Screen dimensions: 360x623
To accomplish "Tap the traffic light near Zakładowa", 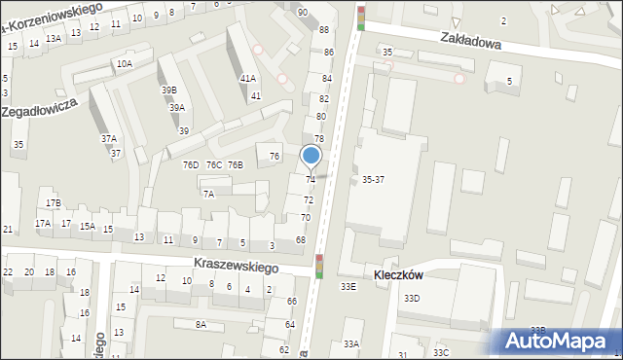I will tap(361, 18).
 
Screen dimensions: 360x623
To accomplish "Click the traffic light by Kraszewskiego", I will tap(319, 266).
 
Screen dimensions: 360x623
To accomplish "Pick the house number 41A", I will tap(248, 78).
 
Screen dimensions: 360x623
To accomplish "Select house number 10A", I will tap(125, 64).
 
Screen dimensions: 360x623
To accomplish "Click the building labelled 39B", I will tap(169, 90).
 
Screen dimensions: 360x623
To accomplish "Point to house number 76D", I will tap(190, 164).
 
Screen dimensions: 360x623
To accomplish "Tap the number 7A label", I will tap(208, 194).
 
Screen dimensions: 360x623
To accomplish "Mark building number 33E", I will tap(348, 287).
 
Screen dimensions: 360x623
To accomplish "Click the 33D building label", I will tap(412, 298).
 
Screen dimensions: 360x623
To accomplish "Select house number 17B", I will tap(53, 202).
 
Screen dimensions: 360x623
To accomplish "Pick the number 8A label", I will tap(201, 324).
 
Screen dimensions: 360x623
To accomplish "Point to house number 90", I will tap(303, 12).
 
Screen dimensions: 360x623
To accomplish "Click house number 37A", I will tap(109, 138).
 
